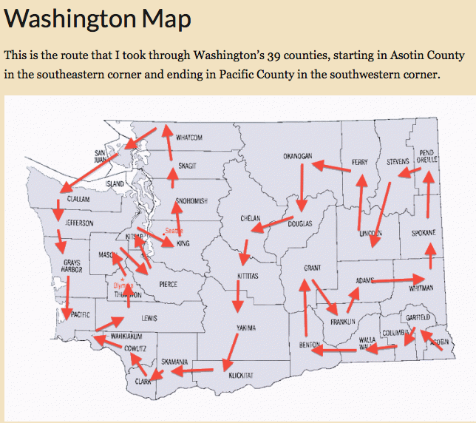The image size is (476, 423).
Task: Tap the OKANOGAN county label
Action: coord(298,156)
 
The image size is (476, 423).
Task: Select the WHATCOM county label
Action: coord(189,138)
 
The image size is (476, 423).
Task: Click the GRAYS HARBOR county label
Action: coord(72,266)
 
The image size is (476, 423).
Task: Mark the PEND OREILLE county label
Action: coord(426,155)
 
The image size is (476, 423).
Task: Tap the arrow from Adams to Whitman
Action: coord(399,280)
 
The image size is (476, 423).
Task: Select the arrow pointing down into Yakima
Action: coord(237,297)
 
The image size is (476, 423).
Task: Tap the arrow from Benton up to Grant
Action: coord(304,310)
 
